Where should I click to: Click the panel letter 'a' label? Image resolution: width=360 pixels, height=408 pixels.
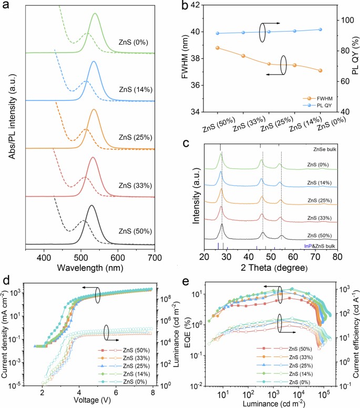coord(7,6)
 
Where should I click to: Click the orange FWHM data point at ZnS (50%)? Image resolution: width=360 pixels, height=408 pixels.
coord(218,48)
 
